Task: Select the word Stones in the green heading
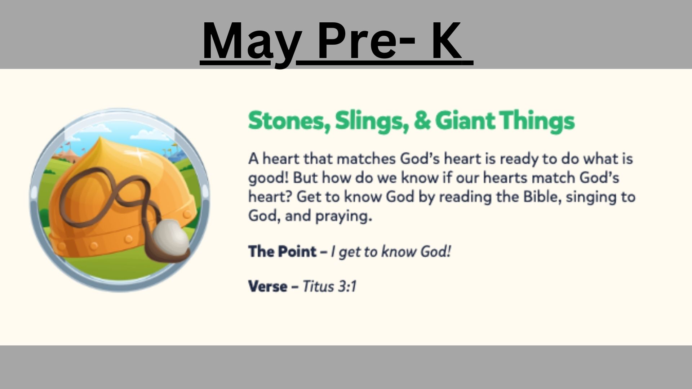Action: pos(289,121)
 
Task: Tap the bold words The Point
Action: pos(282,251)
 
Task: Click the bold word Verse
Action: pos(268,286)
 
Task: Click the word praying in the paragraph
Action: pos(343,216)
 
